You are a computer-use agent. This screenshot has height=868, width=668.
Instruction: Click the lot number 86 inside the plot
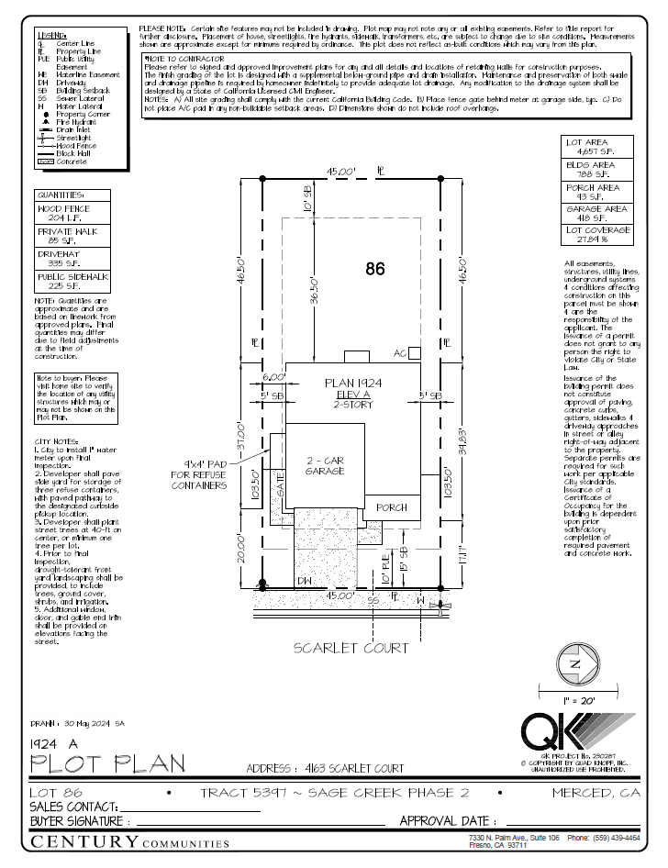tap(374, 270)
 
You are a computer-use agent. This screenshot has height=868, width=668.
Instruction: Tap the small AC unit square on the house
tap(415, 352)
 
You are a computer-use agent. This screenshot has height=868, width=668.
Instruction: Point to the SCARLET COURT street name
tap(351, 648)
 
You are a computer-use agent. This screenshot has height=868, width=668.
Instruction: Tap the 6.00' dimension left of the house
tap(273, 377)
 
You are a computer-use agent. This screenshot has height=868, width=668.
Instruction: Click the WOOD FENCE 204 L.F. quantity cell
tap(72, 214)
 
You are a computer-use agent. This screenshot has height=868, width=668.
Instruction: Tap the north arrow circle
tap(574, 663)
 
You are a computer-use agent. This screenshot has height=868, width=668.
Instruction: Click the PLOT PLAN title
tap(106, 762)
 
